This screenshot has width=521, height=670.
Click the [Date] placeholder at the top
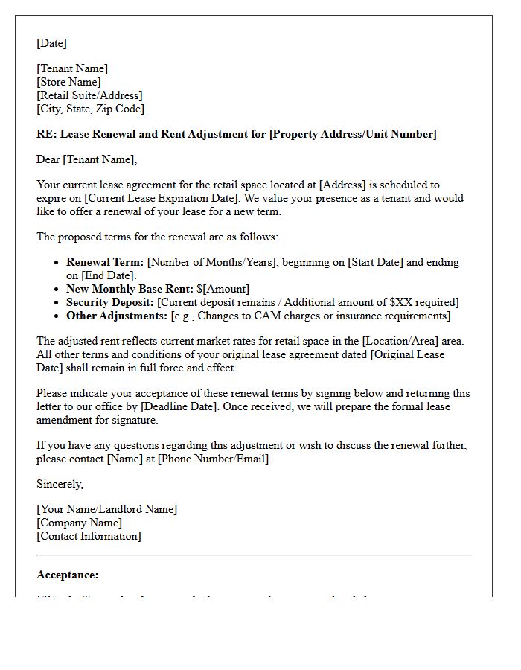click(51, 43)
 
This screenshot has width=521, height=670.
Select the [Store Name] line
click(68, 82)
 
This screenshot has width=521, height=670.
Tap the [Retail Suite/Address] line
click(89, 95)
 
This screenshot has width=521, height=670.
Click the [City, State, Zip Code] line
click(90, 109)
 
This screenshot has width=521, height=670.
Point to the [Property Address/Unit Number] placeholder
click(353, 134)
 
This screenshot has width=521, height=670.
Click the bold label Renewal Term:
click(105, 262)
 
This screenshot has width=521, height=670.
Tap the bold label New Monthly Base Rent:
click(130, 289)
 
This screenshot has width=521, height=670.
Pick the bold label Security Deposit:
click(110, 302)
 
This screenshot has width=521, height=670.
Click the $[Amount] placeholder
click(223, 289)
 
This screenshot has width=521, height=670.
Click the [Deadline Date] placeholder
click(181, 406)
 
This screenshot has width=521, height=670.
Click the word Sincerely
click(60, 484)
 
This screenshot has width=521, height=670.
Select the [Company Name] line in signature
click(79, 523)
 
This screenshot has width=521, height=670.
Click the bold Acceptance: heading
click(67, 575)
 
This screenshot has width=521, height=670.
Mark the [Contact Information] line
click(89, 536)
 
